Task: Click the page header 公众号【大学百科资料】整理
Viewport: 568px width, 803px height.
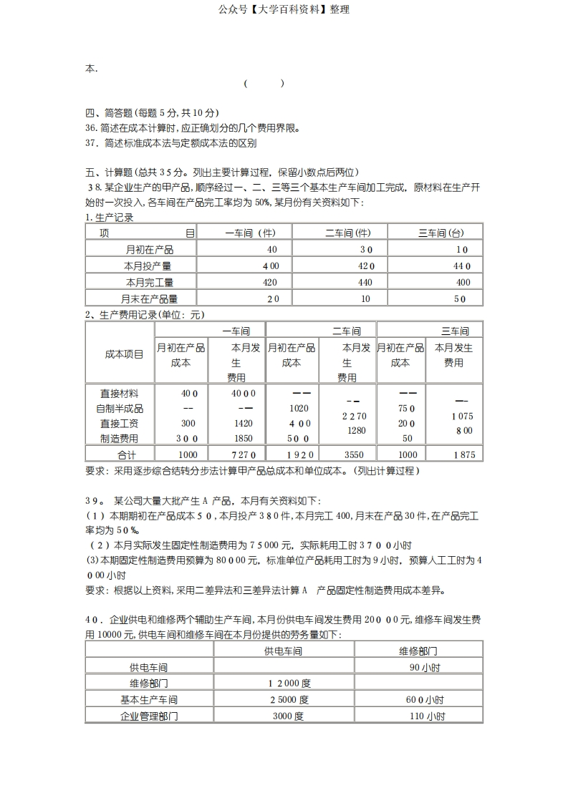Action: tap(284, 10)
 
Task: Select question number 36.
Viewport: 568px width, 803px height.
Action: tap(91, 128)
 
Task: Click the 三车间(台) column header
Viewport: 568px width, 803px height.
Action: tap(441, 233)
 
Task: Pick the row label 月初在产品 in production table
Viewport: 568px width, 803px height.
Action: tap(150, 250)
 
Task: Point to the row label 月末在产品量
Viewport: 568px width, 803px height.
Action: tap(150, 299)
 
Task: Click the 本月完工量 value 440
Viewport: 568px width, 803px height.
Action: tap(365, 283)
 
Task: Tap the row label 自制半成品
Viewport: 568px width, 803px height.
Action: tap(120, 408)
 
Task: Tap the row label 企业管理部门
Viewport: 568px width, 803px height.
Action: tap(149, 716)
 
